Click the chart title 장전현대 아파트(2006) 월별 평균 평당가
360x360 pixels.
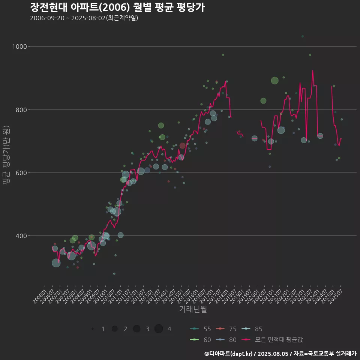[x=117, y=7]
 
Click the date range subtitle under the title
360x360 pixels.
[x=84, y=18]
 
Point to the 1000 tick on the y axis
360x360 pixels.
[x=20, y=46]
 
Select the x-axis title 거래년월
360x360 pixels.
[x=193, y=309]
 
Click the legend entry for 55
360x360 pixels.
[x=201, y=329]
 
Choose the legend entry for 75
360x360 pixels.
[x=226, y=329]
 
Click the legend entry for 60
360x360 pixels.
[x=201, y=339]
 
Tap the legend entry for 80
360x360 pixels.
[x=226, y=339]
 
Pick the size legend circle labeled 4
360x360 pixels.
[x=159, y=329]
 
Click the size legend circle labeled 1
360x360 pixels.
[x=93, y=329]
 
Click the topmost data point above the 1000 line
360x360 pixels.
[x=303, y=36]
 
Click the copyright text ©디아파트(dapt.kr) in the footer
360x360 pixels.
[x=228, y=354]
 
